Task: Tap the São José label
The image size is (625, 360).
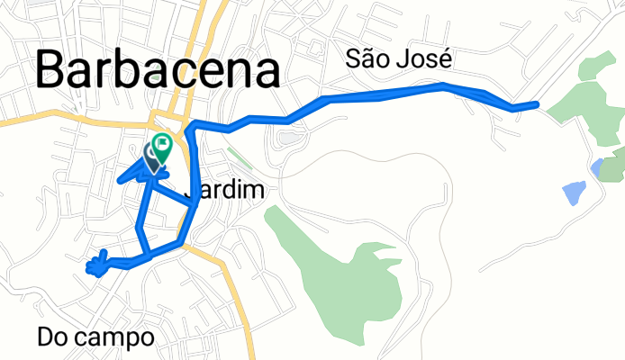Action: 398,59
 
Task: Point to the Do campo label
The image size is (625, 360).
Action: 96,337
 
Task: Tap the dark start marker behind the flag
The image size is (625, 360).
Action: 151,156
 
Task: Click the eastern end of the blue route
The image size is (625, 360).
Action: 537,104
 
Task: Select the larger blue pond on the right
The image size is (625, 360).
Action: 572,192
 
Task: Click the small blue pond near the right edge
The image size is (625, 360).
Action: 596,166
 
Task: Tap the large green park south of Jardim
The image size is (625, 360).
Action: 347,270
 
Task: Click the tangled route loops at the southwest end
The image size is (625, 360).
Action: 98,262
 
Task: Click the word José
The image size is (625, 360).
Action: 426,59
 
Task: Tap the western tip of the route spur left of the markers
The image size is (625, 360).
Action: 118,182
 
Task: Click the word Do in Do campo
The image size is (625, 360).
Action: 55,337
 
